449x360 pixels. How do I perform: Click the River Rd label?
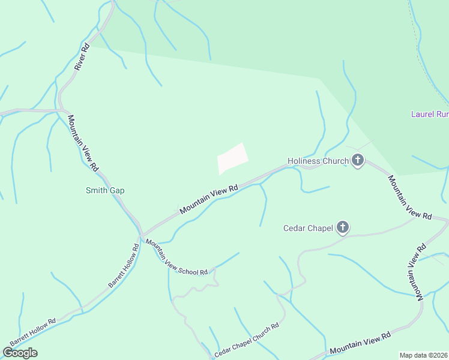point(82,57)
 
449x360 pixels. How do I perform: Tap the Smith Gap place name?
point(104,191)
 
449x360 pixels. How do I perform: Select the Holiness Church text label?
point(318,161)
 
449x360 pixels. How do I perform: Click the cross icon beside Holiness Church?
point(358,161)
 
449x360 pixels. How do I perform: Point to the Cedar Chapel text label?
point(307,228)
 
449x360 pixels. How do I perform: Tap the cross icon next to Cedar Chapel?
point(343,227)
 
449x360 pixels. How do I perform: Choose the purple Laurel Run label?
point(429,114)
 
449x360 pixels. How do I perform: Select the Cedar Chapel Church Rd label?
point(247,341)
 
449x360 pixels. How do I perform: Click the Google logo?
point(20,353)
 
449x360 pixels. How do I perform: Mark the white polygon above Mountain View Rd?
point(232,158)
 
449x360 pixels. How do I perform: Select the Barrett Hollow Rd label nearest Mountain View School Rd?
point(124,265)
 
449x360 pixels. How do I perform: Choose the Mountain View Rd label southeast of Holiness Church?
point(410,196)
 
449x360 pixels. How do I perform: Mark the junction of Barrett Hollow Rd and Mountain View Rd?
point(141,234)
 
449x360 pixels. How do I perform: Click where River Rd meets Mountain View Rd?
point(61,110)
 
